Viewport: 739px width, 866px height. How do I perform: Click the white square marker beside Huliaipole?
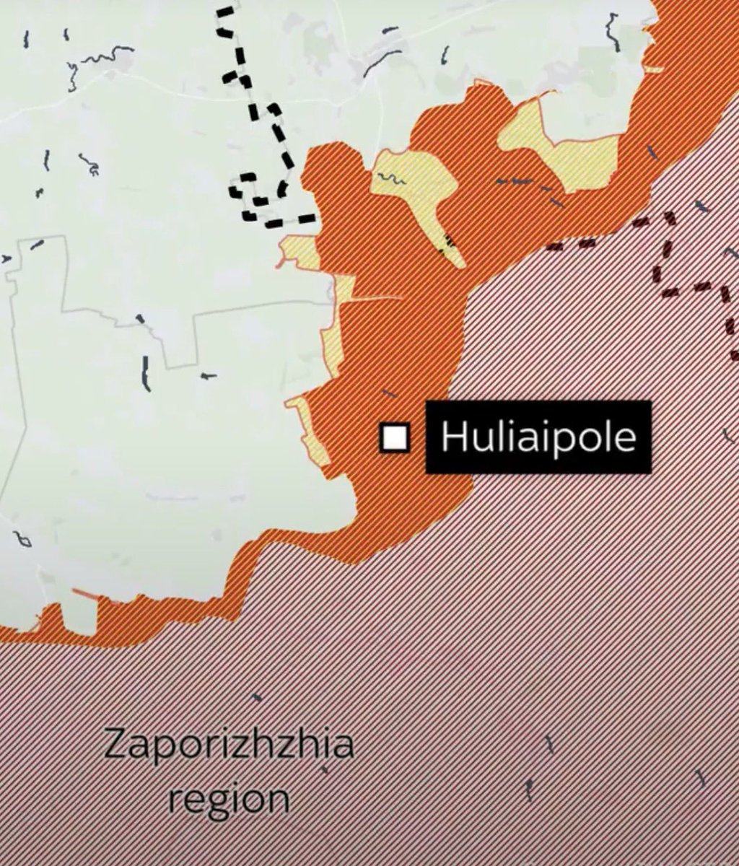coord(395,438)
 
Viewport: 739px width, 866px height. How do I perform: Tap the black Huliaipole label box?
coord(538,437)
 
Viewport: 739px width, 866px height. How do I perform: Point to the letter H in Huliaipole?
coord(451,437)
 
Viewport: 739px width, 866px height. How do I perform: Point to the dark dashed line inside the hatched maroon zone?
coord(668,253)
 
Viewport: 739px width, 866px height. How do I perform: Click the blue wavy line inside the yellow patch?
coord(391,178)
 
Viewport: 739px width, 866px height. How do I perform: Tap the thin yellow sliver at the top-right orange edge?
coord(654,69)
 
